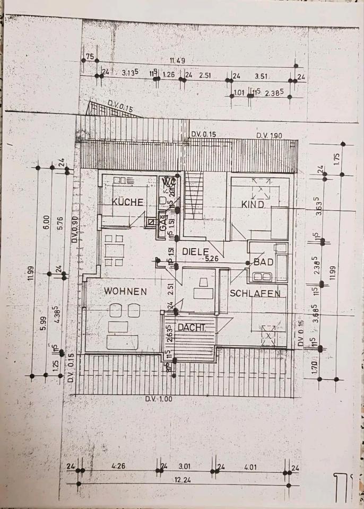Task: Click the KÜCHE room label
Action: pos(127,202)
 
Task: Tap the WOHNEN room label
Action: pos(125,291)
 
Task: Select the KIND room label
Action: pos(253,204)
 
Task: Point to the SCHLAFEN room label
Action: pos(255,293)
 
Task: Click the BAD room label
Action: pos(263,262)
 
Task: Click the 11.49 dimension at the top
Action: pos(177,60)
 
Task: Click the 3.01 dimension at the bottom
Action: pos(184,467)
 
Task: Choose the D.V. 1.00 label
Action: pos(159,399)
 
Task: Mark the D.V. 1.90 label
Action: pos(269,136)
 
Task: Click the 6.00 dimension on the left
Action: pos(46,220)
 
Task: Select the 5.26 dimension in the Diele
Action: pos(212,259)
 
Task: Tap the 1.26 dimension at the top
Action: pos(169,75)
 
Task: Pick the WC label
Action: pos(169,182)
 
